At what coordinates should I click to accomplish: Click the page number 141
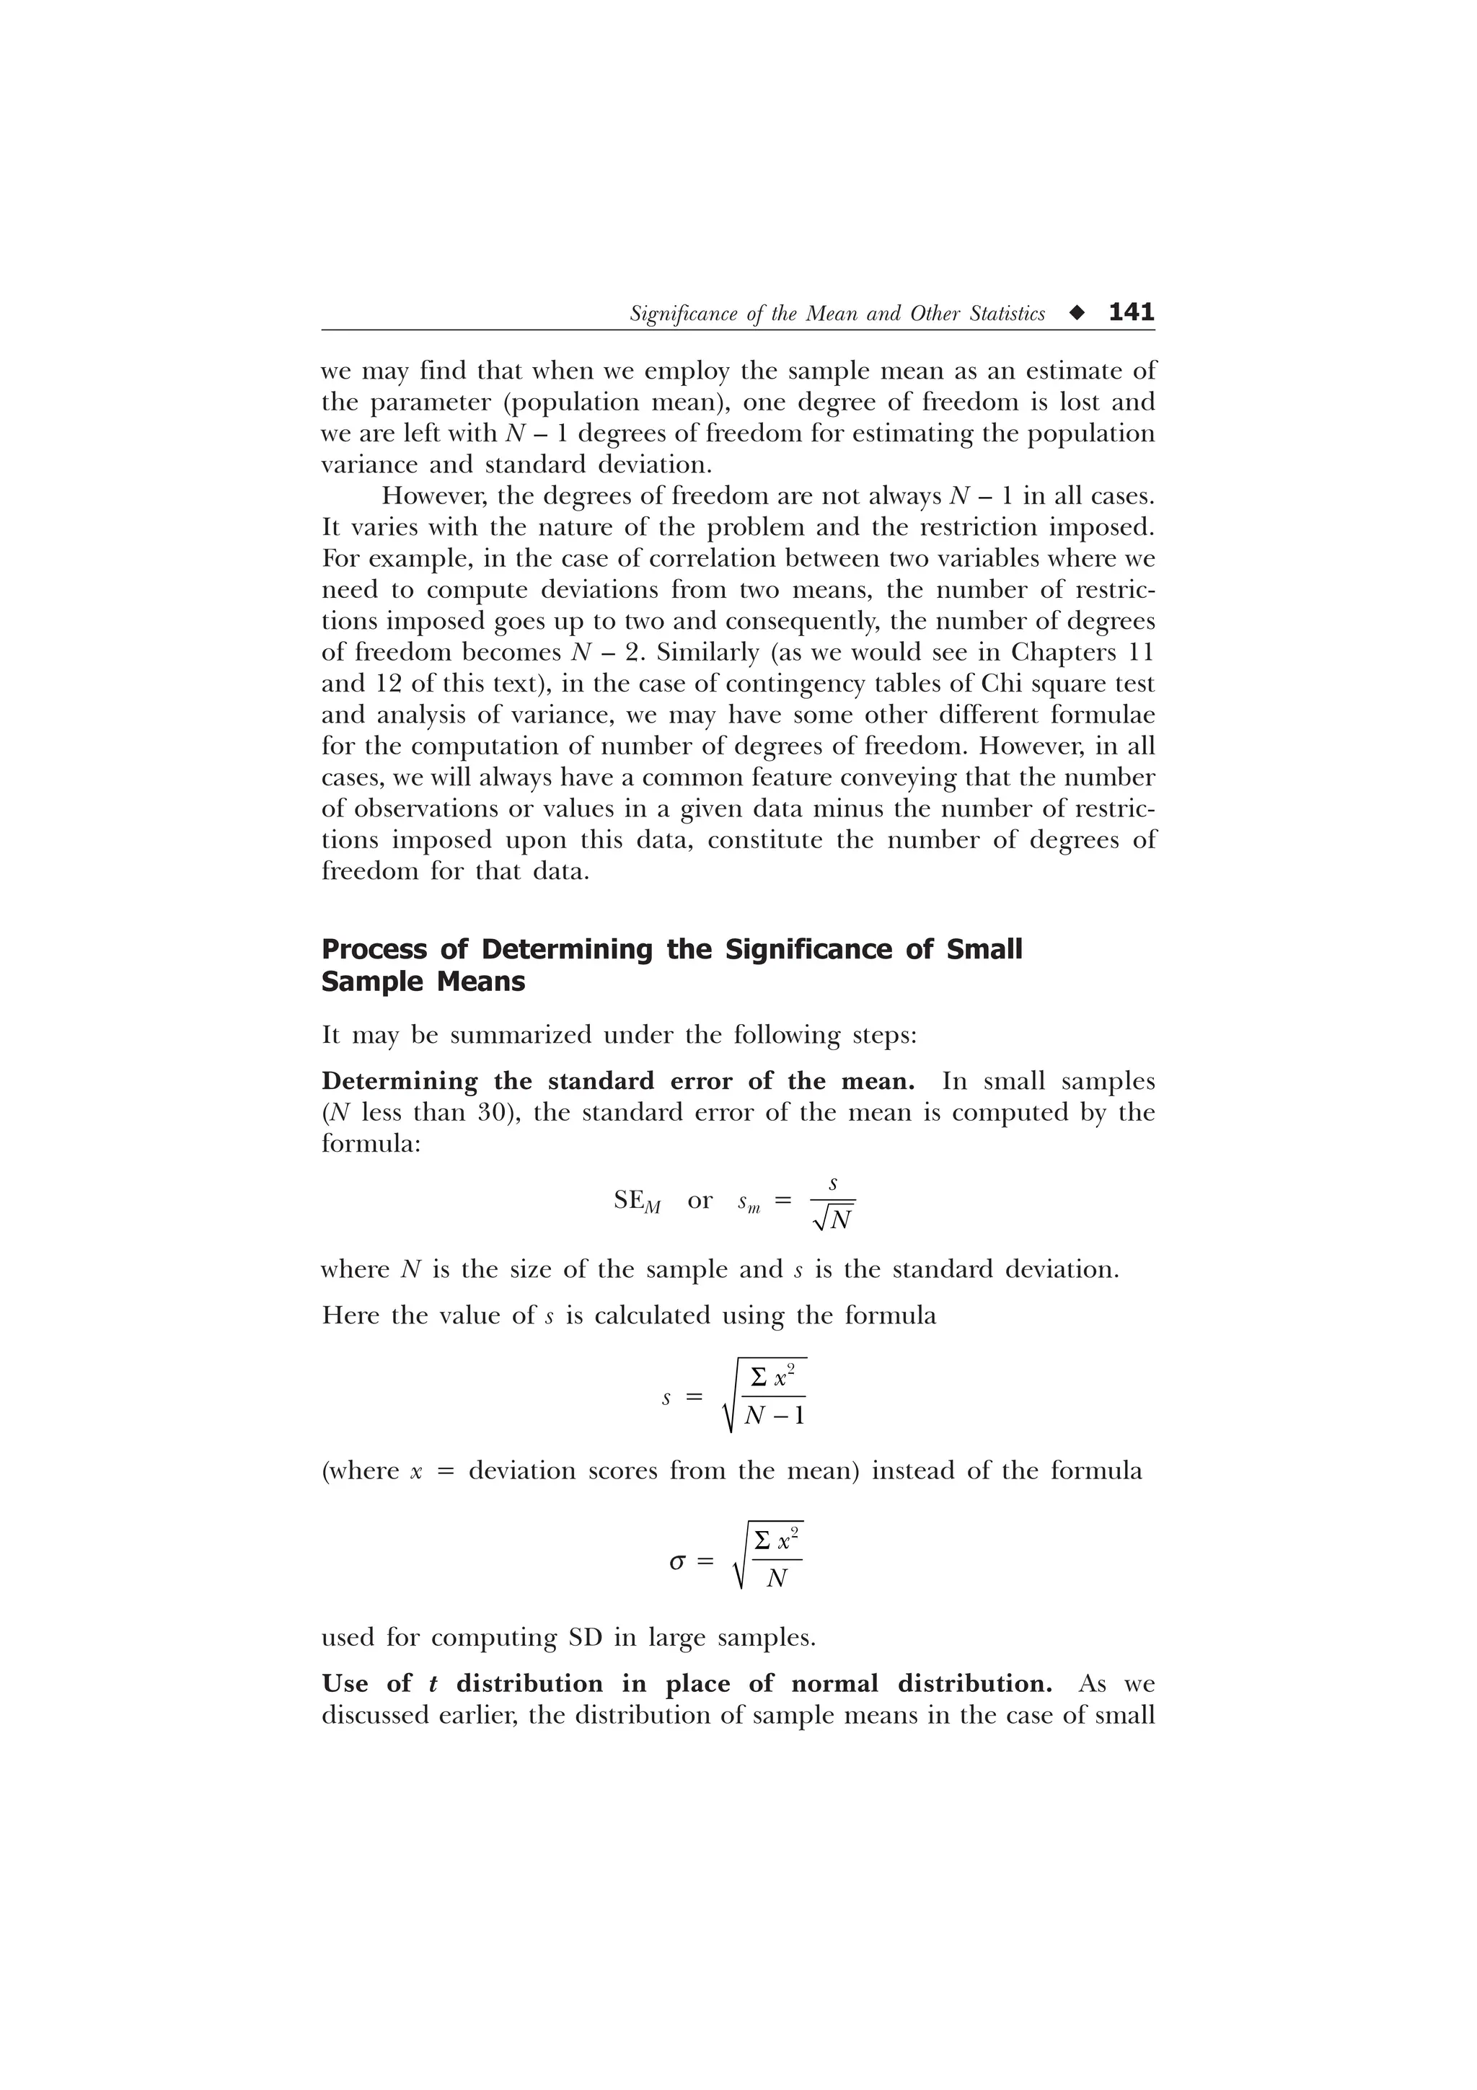pos(1131,312)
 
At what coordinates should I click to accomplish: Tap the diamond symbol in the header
pos(1078,314)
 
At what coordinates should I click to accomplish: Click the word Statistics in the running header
pos(1008,314)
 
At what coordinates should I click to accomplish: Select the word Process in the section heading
pos(374,949)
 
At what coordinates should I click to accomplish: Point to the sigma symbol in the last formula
pos(677,1562)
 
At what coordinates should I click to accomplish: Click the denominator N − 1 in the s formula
pos(775,1416)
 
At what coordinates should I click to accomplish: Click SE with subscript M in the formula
pos(637,1202)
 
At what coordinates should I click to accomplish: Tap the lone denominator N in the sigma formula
pos(776,1579)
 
